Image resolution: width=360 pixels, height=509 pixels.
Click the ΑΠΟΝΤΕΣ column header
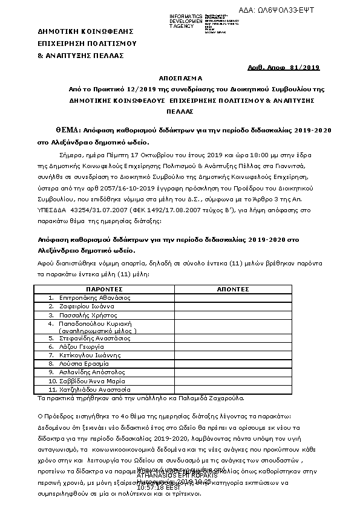coord(233,290)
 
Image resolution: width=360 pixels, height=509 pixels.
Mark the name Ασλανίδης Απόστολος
coord(88,372)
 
